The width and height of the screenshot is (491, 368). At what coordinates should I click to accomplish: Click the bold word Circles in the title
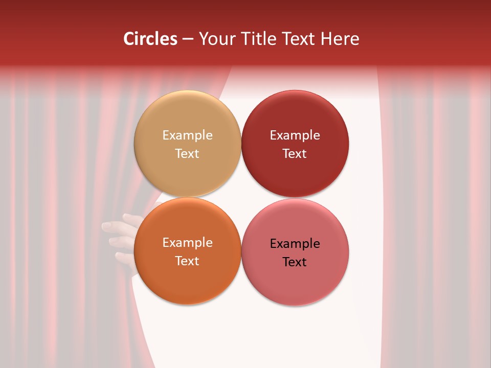[x=150, y=39]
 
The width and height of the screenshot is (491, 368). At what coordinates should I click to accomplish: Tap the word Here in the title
[x=340, y=39]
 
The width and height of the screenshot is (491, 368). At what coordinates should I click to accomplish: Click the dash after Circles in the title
[x=188, y=39]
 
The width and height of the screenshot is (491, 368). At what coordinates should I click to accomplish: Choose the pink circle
[x=295, y=286]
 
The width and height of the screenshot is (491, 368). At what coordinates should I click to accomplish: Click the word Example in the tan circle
[x=187, y=135]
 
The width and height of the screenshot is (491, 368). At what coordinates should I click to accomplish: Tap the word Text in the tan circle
[x=187, y=154]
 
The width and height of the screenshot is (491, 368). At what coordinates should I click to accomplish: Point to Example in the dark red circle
[x=295, y=135]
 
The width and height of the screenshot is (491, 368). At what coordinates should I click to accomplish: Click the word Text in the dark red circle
[x=295, y=154]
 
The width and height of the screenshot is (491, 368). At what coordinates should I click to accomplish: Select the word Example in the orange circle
[x=187, y=243]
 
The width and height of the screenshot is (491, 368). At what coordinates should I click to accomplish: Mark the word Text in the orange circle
[x=187, y=261]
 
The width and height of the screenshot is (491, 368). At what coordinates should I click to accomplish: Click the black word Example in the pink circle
[x=295, y=244]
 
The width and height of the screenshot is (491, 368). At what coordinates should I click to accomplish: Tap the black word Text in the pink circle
[x=295, y=262]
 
